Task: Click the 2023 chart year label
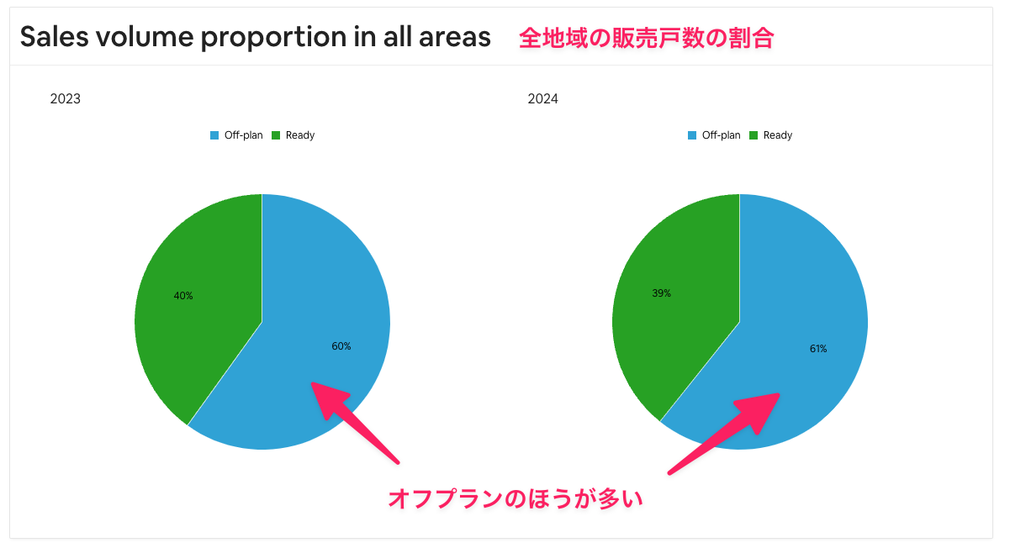point(65,98)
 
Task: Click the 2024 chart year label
point(543,98)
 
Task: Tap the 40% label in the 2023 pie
point(183,296)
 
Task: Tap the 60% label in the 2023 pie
point(341,346)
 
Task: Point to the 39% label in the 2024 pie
point(661,293)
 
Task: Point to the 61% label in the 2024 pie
point(818,348)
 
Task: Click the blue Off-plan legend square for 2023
point(214,135)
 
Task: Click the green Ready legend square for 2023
point(276,135)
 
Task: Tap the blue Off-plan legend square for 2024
point(691,135)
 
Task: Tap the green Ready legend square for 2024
point(753,135)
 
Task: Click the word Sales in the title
point(54,36)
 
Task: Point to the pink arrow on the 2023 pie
point(355,423)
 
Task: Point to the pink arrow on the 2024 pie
point(724,434)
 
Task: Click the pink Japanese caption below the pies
point(516,499)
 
